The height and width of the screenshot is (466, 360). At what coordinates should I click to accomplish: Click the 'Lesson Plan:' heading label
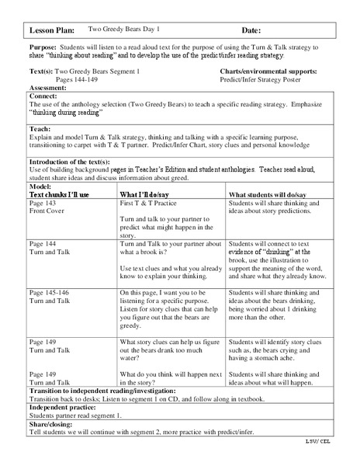click(x=52, y=30)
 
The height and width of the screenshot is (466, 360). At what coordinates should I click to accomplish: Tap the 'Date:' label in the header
click(x=251, y=30)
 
